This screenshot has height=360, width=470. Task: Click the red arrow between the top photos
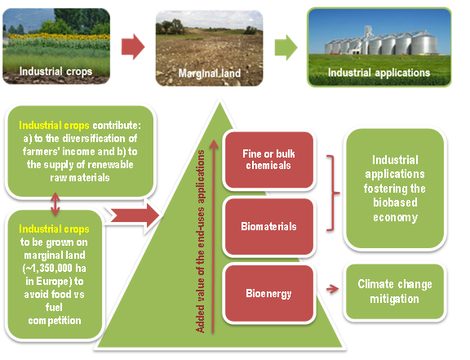click(133, 47)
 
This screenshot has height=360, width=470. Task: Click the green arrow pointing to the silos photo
click(286, 47)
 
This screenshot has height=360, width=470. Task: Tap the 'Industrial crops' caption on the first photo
click(55, 72)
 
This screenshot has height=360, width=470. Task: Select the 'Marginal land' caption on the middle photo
click(210, 73)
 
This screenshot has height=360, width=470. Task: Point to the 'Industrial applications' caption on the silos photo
click(379, 73)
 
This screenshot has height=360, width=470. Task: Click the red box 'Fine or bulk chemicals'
click(269, 160)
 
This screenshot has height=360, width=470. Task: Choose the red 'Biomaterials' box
click(269, 226)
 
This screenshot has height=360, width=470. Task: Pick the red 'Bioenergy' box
click(269, 293)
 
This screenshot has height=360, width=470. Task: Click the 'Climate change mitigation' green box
click(395, 291)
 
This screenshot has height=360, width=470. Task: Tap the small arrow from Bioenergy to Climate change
click(332, 289)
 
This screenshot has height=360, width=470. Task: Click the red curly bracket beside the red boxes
click(333, 193)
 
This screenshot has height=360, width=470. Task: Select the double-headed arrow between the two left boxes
click(55, 205)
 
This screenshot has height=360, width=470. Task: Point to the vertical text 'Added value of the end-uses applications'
click(200, 242)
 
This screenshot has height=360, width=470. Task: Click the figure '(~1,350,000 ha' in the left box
click(54, 268)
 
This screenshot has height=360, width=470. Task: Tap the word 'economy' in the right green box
click(396, 217)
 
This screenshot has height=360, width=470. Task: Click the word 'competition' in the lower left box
click(55, 321)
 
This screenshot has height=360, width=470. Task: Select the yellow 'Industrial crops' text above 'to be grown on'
click(54, 229)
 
